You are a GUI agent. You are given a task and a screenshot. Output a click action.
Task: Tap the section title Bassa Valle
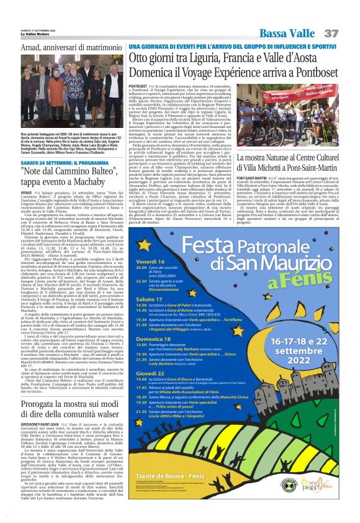tap(285, 32)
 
